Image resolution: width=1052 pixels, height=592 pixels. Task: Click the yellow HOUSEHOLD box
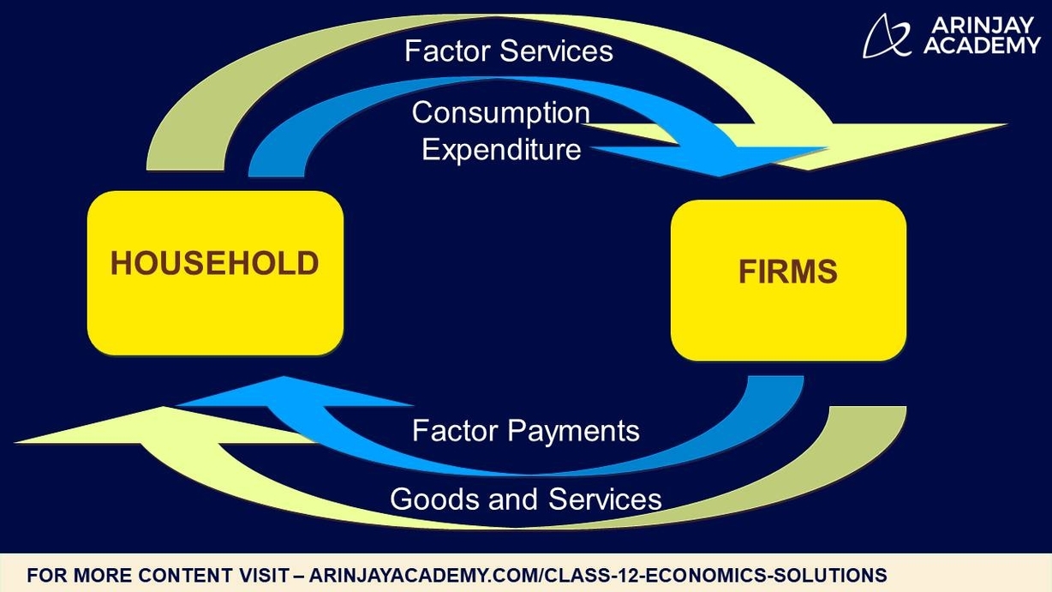pos(215,272)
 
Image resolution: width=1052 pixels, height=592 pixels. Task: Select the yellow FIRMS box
pos(788,280)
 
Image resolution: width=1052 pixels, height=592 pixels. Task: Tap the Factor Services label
pos(509,51)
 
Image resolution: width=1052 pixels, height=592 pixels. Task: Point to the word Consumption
pos(501,112)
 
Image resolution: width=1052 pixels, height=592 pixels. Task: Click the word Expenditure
pos(501,150)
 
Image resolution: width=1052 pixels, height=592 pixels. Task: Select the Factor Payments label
pos(525,430)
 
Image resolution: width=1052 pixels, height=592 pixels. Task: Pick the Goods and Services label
pos(525,499)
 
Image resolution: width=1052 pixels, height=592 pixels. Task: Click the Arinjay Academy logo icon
pos(888,36)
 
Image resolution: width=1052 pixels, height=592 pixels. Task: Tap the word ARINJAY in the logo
pos(982,25)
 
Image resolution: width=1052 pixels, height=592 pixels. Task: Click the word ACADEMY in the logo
pos(982,46)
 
